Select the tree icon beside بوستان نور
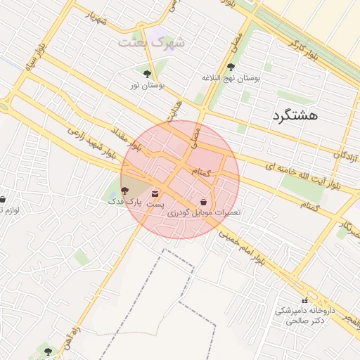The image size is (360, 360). coord(147,74)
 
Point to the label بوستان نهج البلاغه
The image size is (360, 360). coord(231,79)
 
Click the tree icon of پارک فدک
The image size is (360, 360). coord(125,191)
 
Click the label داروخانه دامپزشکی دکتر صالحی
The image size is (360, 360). coord(314,315)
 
